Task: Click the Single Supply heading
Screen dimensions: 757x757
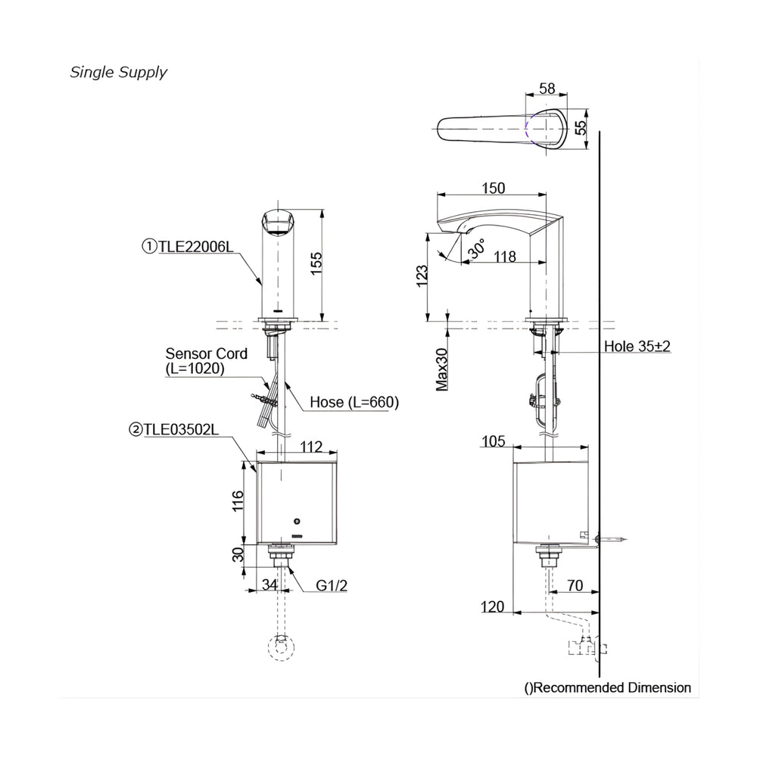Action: [119, 73]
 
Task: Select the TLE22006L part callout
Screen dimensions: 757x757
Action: [187, 245]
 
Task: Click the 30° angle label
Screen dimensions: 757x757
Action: [476, 251]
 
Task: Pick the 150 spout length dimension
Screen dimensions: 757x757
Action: [493, 188]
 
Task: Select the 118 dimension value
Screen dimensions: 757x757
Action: [504, 257]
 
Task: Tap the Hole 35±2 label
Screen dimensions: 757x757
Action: [637, 346]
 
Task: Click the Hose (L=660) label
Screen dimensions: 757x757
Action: [354, 402]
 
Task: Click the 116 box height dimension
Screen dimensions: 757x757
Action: [237, 503]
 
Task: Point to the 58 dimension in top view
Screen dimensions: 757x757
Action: [547, 89]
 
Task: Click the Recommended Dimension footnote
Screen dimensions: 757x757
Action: [608, 687]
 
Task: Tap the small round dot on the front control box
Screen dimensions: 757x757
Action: [297, 522]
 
